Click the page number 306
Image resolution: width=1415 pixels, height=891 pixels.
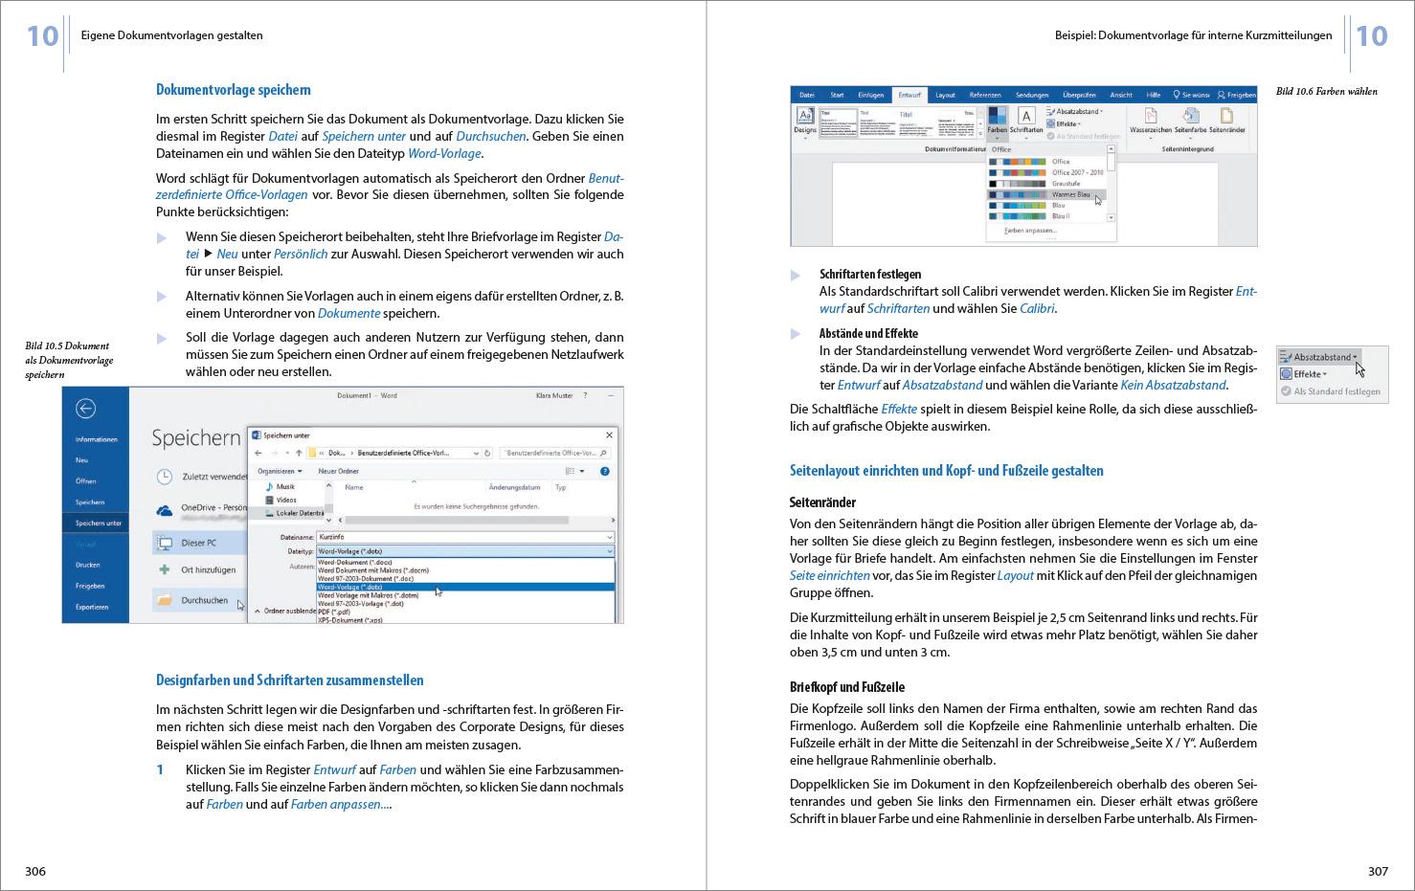tap(35, 871)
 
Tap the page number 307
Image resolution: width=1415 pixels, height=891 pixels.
tap(1378, 871)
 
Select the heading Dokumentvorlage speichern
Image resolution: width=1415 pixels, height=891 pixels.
tap(233, 90)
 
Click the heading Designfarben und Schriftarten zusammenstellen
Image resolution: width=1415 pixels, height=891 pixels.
tap(289, 680)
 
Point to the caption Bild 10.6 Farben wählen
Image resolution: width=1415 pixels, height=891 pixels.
tap(1326, 92)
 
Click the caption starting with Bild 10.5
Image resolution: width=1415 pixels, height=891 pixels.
tap(69, 360)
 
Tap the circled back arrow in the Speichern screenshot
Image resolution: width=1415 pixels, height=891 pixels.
tap(85, 409)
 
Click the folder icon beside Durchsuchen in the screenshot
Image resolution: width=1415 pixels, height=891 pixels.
tap(165, 600)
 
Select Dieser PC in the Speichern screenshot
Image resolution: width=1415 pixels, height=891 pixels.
tap(198, 543)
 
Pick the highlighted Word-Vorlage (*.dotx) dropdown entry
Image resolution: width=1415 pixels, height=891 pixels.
tap(350, 587)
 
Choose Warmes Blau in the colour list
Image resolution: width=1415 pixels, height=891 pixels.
tap(1069, 194)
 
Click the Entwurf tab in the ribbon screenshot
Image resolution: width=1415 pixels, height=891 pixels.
tap(909, 95)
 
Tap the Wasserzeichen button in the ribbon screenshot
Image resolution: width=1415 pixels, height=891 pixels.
tap(1150, 121)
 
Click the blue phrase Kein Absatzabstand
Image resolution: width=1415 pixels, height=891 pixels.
tap(1173, 386)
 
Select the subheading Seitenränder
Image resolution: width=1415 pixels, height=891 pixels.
tap(822, 502)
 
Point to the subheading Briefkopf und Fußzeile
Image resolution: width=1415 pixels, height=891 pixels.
tap(846, 687)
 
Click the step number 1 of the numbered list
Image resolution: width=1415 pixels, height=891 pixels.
tap(161, 769)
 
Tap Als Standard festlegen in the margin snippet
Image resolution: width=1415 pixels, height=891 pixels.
tap(1336, 391)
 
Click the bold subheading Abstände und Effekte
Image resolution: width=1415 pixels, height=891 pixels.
tap(868, 334)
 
